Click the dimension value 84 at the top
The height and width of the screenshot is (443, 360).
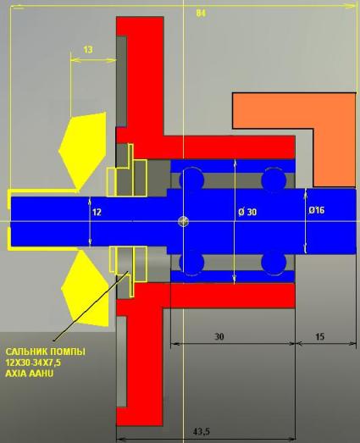[201, 14]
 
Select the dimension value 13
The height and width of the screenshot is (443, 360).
[88, 50]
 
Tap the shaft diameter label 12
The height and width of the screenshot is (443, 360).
[97, 212]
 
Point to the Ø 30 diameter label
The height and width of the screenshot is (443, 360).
[247, 212]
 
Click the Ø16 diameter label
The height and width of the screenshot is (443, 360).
[317, 210]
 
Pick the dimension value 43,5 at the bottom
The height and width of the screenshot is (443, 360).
[202, 432]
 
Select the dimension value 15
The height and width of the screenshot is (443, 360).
[319, 336]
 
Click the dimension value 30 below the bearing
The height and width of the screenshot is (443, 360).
[219, 336]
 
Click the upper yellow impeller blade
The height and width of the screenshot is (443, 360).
[83, 150]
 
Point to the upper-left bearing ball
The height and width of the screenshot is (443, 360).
[192, 179]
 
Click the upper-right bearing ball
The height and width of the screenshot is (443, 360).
[274, 179]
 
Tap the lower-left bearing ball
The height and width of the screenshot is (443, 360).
[192, 263]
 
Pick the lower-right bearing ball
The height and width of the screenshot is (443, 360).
[274, 263]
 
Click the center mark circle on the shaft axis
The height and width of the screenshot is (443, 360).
[184, 221]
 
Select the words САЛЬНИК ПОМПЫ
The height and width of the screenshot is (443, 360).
[45, 352]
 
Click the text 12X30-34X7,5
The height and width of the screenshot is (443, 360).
[33, 363]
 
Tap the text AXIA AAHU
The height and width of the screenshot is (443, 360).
[30, 374]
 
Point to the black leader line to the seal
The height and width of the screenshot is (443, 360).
[91, 306]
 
